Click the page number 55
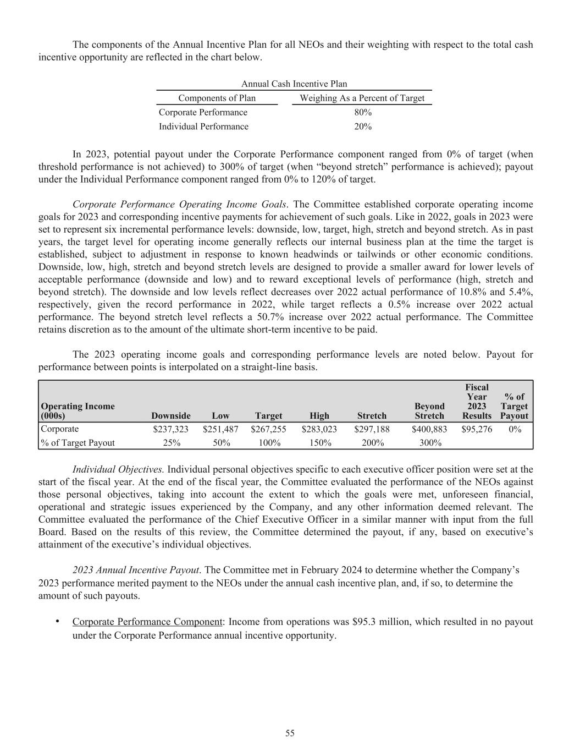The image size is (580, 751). (290, 733)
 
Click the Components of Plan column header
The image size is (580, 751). (217, 98)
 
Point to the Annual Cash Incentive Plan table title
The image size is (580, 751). (294, 84)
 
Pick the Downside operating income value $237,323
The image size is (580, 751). (170, 429)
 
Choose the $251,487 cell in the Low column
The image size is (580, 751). (220, 429)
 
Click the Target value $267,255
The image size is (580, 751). (268, 429)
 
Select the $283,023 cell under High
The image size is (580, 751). (319, 429)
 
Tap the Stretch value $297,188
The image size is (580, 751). (372, 429)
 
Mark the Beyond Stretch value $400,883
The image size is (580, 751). (429, 429)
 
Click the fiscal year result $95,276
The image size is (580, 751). (477, 429)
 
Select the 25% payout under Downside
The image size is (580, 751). (172, 443)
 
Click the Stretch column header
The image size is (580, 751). (372, 416)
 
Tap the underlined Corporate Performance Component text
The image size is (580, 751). (147, 622)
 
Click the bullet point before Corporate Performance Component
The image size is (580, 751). (57, 621)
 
